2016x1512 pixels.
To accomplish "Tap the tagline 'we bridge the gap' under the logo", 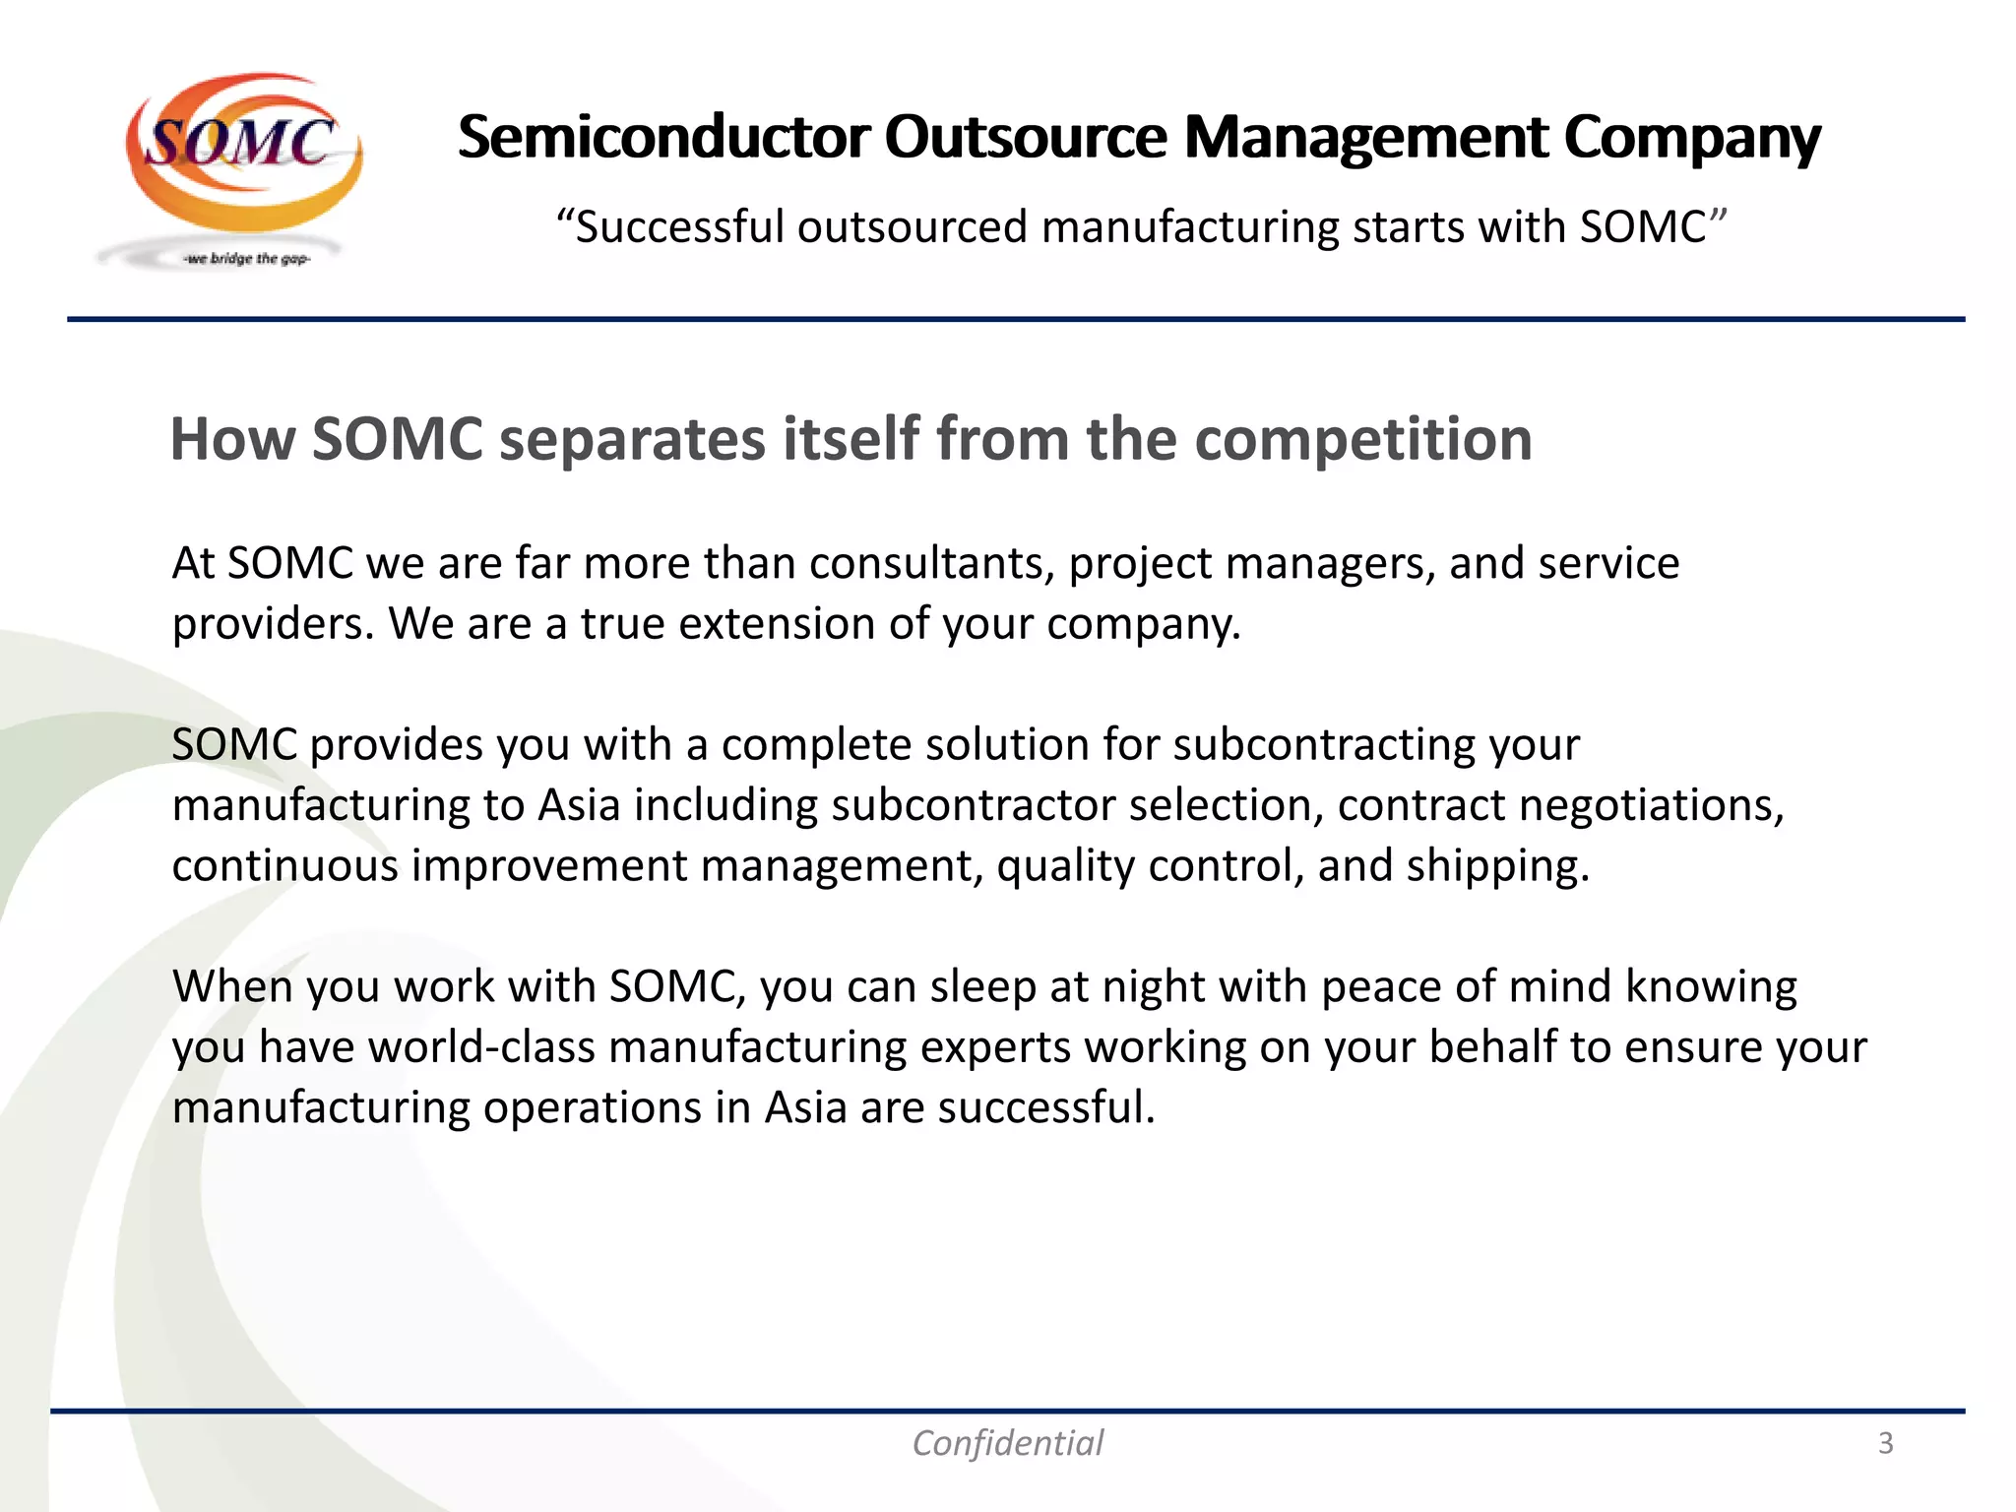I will point(247,259).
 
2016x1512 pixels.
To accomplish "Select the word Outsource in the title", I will point(1025,137).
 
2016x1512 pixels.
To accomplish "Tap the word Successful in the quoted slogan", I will point(678,227).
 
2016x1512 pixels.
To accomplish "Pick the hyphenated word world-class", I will point(481,1047).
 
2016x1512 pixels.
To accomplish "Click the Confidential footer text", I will point(1007,1443).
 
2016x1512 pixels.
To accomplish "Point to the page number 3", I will point(1885,1443).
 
